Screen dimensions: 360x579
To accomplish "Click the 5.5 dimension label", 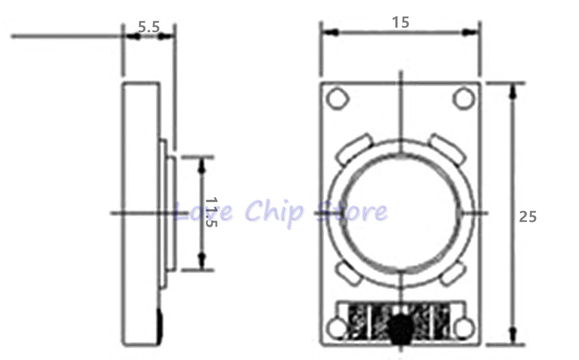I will pyautogui.click(x=149, y=27).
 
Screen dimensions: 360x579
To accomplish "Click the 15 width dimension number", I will pyautogui.click(x=400, y=22).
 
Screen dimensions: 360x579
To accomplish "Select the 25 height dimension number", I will pyautogui.click(x=528, y=216).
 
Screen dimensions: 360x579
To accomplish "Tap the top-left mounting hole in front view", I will pyautogui.click(x=337, y=98).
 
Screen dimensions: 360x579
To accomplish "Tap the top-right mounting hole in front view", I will pyautogui.click(x=462, y=98).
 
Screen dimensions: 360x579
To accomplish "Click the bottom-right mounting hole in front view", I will pyautogui.click(x=463, y=328).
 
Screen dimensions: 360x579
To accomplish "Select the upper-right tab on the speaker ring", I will pyautogui.click(x=446, y=147).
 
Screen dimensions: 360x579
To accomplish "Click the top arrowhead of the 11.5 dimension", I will pyautogui.click(x=202, y=165).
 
